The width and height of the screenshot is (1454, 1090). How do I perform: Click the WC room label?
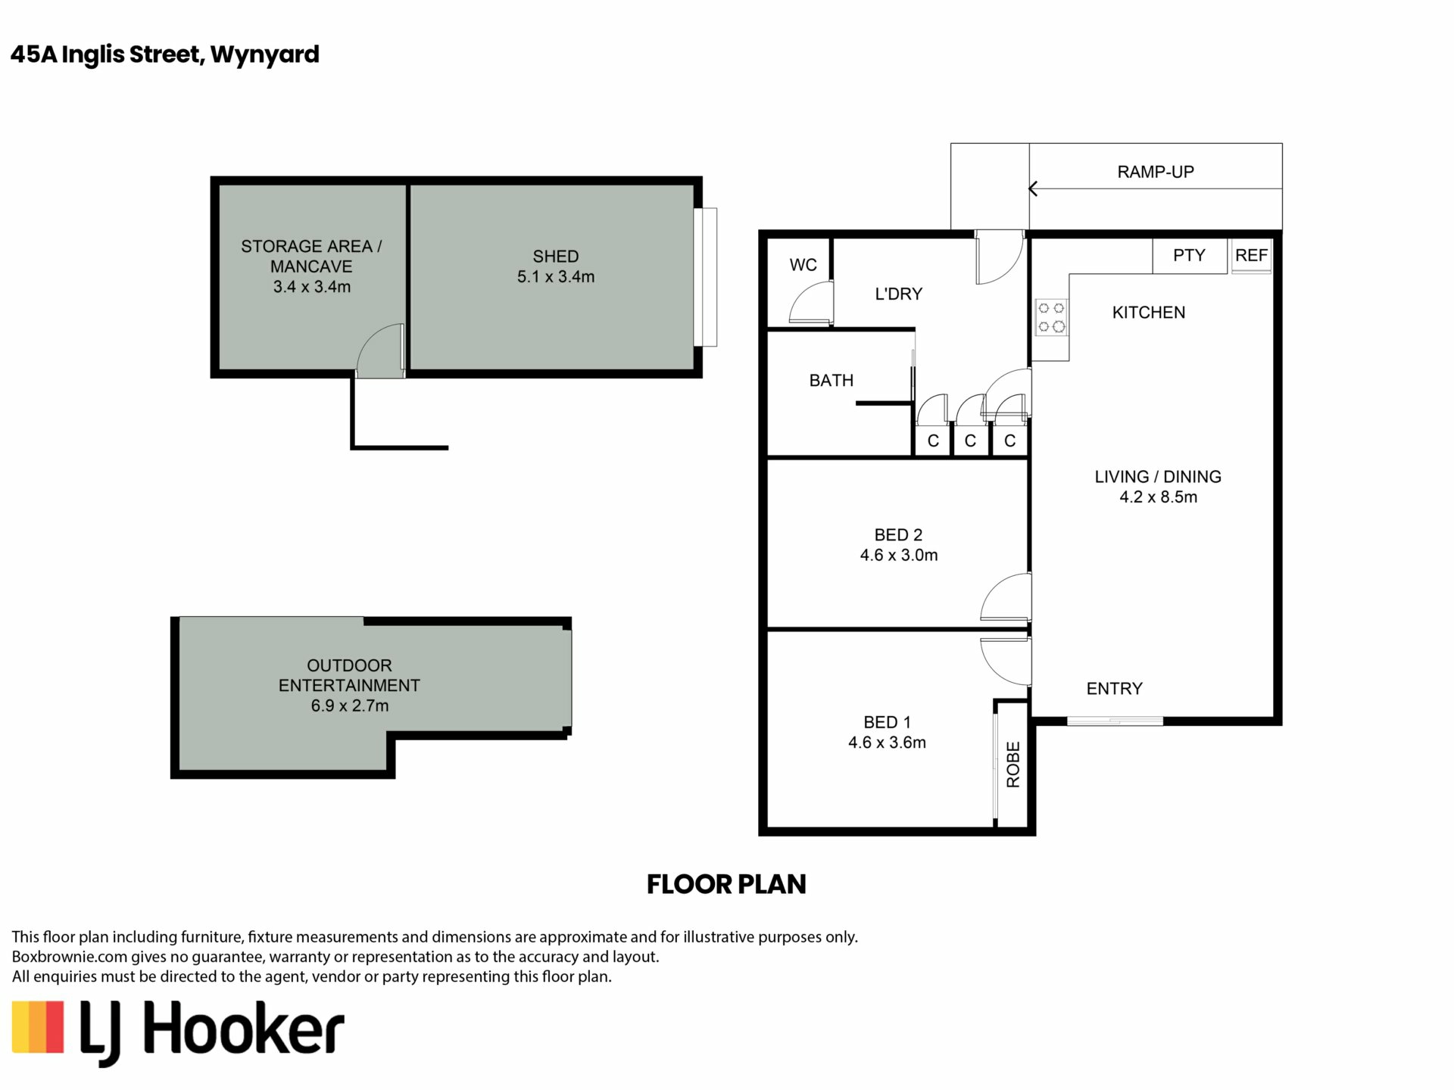point(803,265)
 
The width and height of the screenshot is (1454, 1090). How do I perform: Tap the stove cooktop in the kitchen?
point(1051,318)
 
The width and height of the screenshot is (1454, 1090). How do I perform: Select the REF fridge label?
point(1251,256)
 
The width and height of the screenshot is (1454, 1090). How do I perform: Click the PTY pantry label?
point(1189,256)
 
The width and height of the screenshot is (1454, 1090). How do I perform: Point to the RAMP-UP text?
point(1156,172)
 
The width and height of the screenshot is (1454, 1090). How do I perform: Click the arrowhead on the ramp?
point(1033,189)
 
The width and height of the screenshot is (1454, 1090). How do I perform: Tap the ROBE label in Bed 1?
point(1013,765)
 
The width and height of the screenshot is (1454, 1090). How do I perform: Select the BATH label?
point(832,380)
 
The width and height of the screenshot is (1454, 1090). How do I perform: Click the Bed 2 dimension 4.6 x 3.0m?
point(899,555)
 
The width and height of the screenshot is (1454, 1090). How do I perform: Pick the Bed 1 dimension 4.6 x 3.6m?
point(887,743)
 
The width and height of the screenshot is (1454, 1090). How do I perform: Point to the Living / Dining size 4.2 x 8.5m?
point(1159,497)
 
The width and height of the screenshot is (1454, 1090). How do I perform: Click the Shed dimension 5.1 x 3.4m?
point(556,277)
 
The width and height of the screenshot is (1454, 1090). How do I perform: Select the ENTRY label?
point(1114,689)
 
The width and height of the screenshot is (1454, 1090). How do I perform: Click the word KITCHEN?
point(1149,313)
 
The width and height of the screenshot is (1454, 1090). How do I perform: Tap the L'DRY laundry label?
point(899,294)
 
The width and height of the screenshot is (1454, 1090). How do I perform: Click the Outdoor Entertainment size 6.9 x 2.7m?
point(350,705)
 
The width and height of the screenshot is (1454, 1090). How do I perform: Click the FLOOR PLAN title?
point(726,884)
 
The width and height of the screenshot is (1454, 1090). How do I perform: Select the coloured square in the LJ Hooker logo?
point(37,1026)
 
